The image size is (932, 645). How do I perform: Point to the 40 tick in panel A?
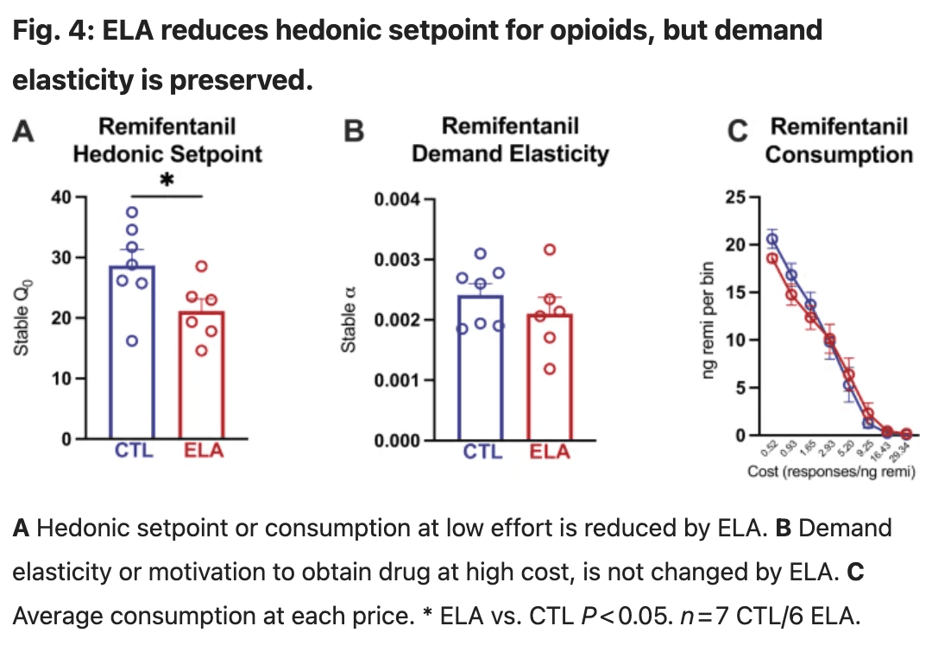[x=61, y=197]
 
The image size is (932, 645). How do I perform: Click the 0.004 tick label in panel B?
[x=397, y=199]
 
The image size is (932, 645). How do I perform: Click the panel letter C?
[x=736, y=132]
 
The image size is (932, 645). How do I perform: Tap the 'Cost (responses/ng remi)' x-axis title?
[x=831, y=472]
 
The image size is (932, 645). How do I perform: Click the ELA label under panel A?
[x=203, y=450]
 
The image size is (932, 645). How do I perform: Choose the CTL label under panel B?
[x=482, y=451]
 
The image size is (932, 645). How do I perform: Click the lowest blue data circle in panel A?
[x=132, y=341]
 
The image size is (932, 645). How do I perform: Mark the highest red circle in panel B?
[x=549, y=250]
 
